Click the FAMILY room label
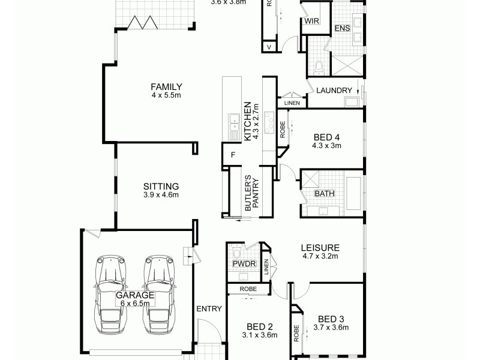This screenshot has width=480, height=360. tap(166, 86)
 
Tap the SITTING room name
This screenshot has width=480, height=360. tap(161, 186)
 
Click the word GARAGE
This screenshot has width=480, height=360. tap(135, 295)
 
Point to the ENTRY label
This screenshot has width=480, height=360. tap(209, 309)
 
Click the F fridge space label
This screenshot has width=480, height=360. tap(233, 155)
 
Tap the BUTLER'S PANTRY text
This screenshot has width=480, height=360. tap(250, 193)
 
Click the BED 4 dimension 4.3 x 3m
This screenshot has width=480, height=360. tap(327, 145)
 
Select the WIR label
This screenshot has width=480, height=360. tap(311, 20)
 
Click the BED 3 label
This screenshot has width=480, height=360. tap(331, 319)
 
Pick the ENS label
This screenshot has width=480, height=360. tap(342, 28)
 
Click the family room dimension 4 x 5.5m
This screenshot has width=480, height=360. tap(166, 95)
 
